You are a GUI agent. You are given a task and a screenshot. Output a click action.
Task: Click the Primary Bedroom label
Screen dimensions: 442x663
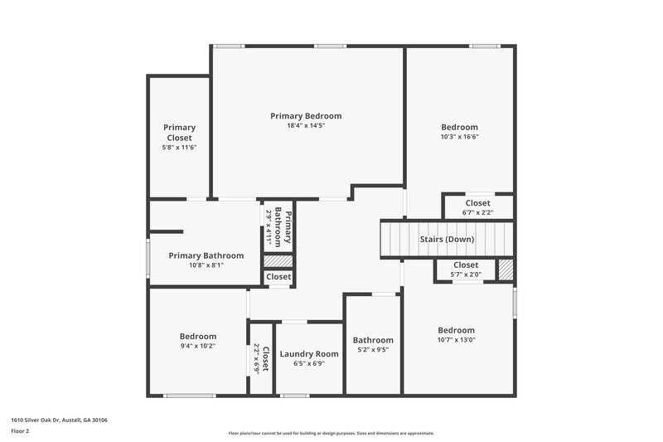pos(306,116)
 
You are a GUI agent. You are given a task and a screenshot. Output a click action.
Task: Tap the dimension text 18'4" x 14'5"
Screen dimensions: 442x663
pos(306,126)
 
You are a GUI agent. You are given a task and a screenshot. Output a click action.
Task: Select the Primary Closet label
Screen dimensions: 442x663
pos(179,133)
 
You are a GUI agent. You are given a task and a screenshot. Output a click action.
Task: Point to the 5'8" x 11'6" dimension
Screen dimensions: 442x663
pos(179,148)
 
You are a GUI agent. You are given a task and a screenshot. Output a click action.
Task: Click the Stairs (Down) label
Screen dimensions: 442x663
pos(447,240)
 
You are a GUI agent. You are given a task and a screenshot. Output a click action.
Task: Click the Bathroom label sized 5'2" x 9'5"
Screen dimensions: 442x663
pos(373,340)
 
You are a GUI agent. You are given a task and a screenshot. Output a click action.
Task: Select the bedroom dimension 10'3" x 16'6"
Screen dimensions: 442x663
pos(459,137)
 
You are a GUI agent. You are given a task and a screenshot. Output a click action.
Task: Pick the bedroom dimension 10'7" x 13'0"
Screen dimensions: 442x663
pos(457,339)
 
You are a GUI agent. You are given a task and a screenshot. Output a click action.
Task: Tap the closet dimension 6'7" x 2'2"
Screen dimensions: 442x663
pos(477,213)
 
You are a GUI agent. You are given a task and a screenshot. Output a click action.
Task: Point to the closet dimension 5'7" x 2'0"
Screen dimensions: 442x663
pos(466,275)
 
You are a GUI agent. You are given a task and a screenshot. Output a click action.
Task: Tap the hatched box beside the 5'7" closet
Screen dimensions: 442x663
pos(506,270)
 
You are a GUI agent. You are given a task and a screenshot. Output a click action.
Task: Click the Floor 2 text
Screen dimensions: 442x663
pos(20,432)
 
